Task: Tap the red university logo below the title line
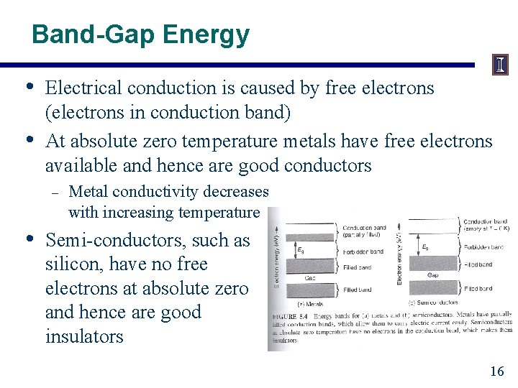tap(499, 66)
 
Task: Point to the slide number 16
tap(496, 371)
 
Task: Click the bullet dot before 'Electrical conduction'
tap(29, 88)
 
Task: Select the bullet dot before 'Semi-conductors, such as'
tap(29, 239)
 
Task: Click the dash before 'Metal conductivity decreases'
tap(55, 192)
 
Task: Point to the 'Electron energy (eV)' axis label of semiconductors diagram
tap(401, 255)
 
